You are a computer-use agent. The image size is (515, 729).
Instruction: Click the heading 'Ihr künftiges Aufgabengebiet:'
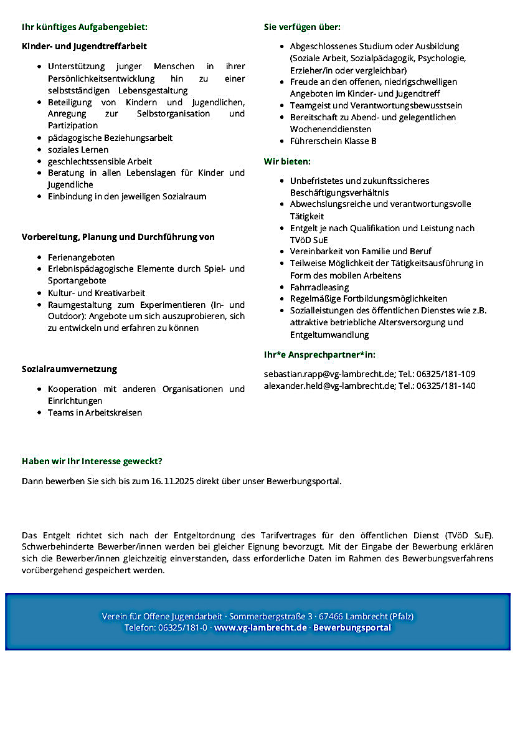(84, 27)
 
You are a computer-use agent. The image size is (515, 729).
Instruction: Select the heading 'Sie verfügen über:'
(302, 27)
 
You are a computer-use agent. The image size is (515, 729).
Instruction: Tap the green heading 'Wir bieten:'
(287, 161)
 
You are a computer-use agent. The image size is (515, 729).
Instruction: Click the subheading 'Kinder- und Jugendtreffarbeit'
(84, 47)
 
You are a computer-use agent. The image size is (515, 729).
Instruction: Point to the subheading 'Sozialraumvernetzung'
(69, 369)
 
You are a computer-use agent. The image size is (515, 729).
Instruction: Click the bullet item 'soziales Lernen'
(78, 150)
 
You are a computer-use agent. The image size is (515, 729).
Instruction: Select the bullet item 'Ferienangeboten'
(81, 257)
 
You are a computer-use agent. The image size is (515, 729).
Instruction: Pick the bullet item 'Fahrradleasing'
(319, 287)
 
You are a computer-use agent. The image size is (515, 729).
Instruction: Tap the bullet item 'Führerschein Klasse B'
(333, 141)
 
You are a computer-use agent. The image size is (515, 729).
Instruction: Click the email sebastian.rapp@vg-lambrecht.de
(329, 374)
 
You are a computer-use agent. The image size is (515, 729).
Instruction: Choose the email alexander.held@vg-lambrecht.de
(329, 386)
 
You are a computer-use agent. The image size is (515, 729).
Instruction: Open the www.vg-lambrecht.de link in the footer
(260, 627)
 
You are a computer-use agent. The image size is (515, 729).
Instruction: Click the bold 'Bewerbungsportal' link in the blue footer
(352, 627)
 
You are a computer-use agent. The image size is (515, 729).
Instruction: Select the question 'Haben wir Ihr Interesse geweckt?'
(92, 461)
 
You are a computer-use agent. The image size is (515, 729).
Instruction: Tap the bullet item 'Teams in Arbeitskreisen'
(95, 412)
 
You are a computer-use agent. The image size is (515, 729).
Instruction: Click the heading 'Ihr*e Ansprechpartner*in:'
(319, 355)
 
